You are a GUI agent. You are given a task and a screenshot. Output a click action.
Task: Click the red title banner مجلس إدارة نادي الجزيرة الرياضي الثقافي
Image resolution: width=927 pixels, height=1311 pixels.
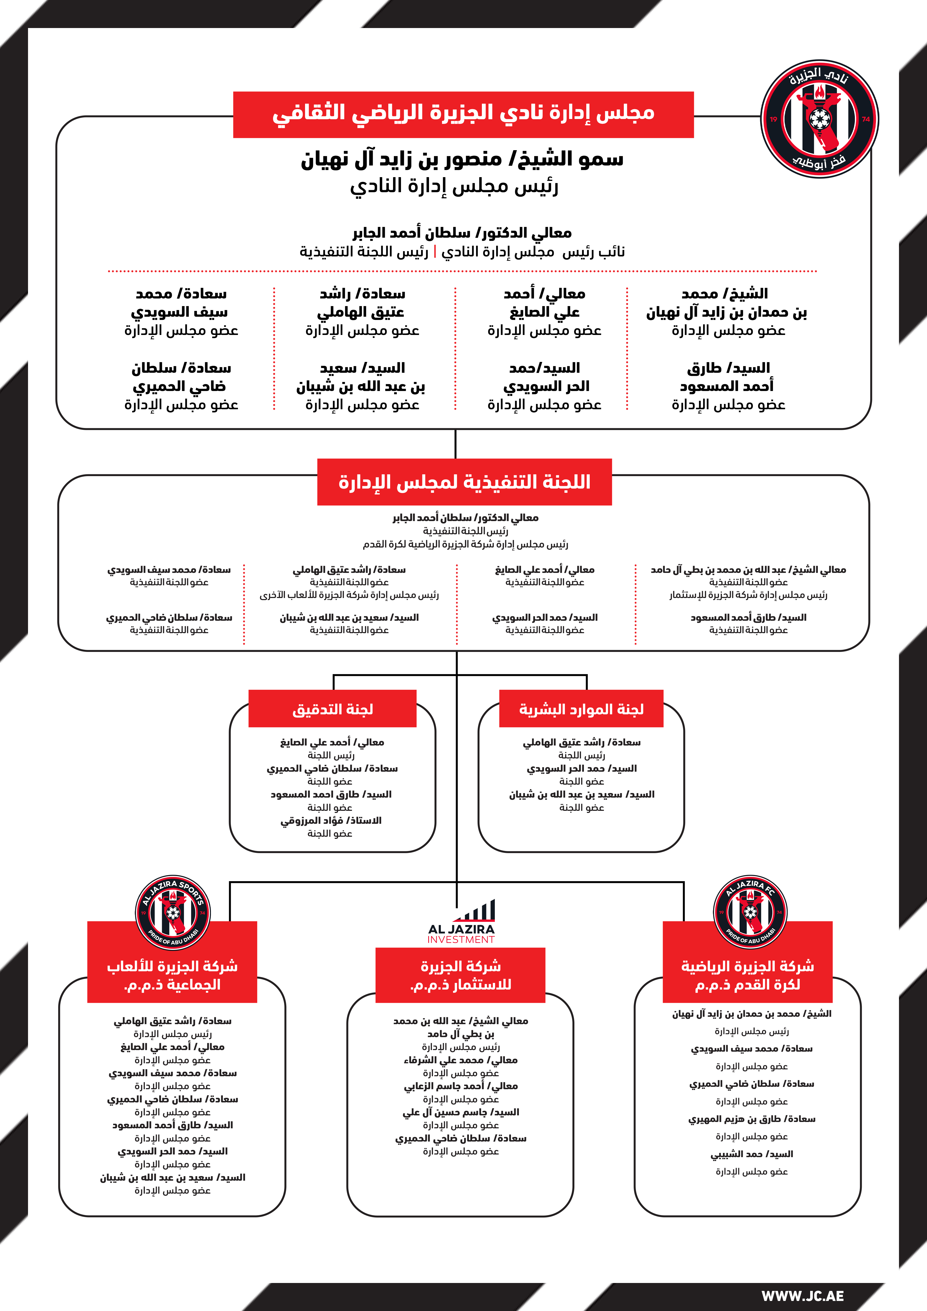tap(463, 114)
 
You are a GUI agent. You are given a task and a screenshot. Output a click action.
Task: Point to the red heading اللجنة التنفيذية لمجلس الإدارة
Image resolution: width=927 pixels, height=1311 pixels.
tap(464, 482)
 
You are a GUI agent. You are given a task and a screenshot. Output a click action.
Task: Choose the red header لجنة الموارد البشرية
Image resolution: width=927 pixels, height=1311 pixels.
tap(581, 709)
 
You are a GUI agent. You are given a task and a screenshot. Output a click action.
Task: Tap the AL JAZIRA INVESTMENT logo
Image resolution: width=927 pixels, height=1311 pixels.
tap(461, 921)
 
